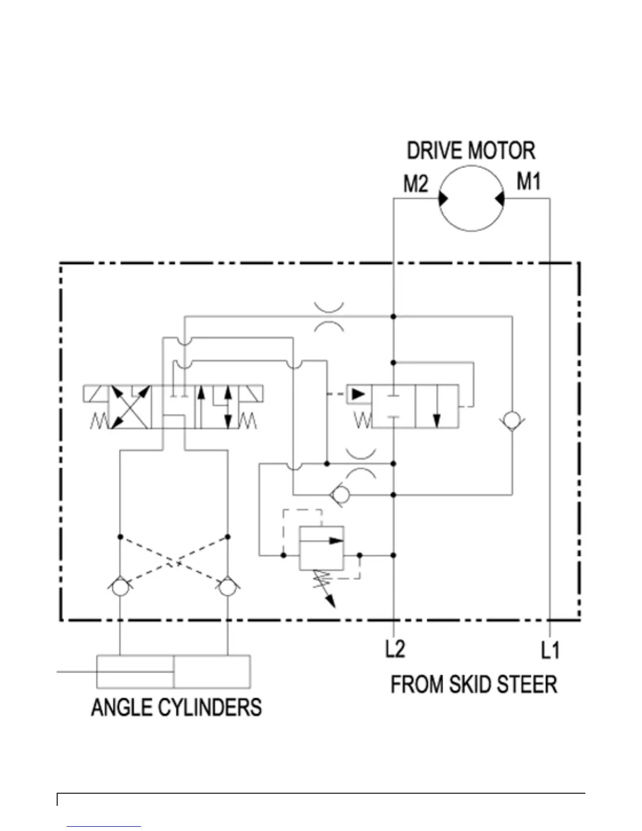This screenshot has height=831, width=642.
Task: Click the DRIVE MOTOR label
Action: (x=470, y=151)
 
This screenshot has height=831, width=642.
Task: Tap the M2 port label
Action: (x=415, y=184)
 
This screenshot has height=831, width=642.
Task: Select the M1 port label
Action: (x=528, y=182)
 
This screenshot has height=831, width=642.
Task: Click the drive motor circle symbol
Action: (x=471, y=198)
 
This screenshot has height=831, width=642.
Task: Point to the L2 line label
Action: (x=395, y=649)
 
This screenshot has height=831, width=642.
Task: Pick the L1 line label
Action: (x=550, y=651)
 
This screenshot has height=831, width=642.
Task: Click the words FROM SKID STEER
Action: (x=474, y=685)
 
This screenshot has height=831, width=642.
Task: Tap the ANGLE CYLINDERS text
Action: (x=176, y=707)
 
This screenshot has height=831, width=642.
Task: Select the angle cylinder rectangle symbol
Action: (x=173, y=672)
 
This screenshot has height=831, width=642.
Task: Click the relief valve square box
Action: (x=322, y=548)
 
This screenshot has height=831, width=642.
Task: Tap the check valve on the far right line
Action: (x=512, y=421)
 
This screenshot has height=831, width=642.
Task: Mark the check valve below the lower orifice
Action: (x=341, y=494)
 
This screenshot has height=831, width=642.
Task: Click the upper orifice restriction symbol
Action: (x=329, y=317)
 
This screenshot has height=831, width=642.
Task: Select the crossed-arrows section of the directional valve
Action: (x=130, y=407)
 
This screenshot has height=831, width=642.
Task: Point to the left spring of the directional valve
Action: (x=99, y=421)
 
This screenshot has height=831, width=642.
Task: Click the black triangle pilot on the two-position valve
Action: (x=358, y=393)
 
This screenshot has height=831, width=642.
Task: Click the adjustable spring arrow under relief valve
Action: (x=326, y=590)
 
